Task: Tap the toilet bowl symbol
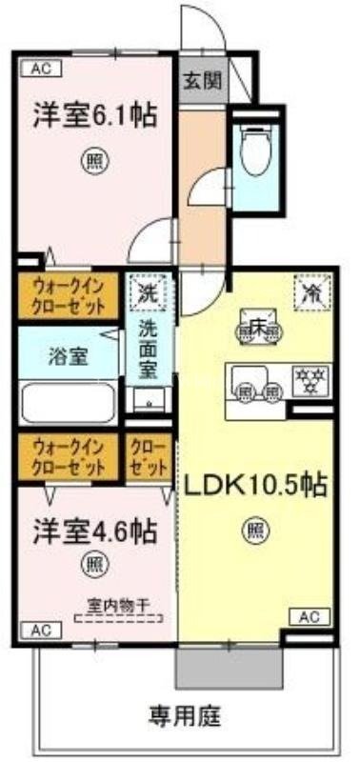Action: coord(255,152)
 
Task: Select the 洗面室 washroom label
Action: coord(150,349)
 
